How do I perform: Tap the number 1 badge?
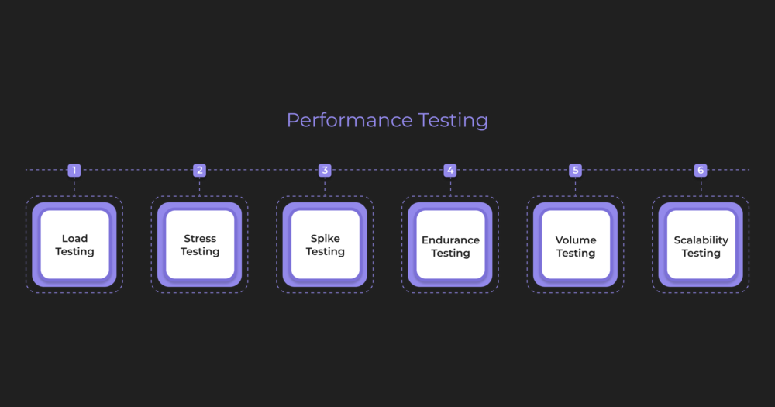pos(74,171)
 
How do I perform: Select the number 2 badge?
pos(200,171)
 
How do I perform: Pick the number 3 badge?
pos(325,171)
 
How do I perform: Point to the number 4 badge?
pos(450,171)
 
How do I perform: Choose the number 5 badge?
pos(575,171)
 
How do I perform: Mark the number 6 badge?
pos(701,171)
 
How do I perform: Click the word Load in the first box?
pos(75,239)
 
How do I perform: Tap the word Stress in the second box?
pos(200,239)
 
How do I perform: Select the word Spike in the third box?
pos(325,239)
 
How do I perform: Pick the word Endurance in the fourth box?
pos(450,240)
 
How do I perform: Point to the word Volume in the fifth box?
pos(576,240)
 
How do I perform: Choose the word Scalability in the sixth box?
pos(701,240)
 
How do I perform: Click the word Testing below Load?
pos(75,252)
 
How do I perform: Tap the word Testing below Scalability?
pos(701,254)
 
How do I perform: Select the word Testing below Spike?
pos(325,252)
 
